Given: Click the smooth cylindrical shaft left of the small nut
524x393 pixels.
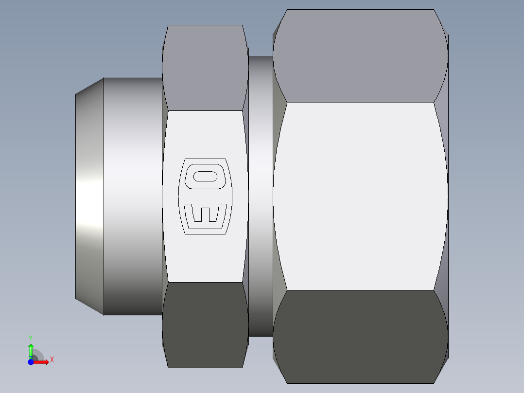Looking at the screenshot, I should pos(132,195).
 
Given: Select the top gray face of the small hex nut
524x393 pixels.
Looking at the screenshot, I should pos(204,68).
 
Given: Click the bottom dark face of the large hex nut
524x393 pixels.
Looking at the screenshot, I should pos(360,336).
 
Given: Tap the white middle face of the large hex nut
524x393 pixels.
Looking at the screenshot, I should pos(360,195).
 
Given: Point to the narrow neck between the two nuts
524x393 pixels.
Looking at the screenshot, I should pos(260,195).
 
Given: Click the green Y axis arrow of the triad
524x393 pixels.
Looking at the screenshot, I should pos(31,349).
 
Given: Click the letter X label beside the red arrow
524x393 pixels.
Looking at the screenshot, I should pos(52,360).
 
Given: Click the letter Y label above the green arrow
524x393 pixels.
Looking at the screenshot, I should pos(31,338).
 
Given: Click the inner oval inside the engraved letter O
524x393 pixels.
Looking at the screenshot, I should pos(205,176).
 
